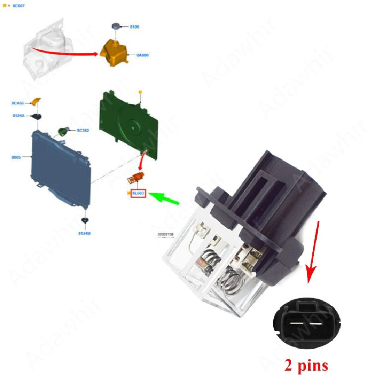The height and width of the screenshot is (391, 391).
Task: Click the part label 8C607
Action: click(x=19, y=6)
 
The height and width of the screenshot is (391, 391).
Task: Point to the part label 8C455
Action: click(x=18, y=103)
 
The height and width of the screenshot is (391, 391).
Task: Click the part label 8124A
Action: click(x=19, y=115)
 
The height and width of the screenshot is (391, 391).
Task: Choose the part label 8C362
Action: click(x=83, y=131)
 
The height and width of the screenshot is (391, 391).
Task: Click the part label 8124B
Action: click(x=84, y=234)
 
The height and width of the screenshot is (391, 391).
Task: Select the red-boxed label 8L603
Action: click(x=138, y=194)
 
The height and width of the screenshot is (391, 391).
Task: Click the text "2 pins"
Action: click(x=306, y=365)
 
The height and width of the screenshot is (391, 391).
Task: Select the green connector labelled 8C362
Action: click(x=63, y=132)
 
